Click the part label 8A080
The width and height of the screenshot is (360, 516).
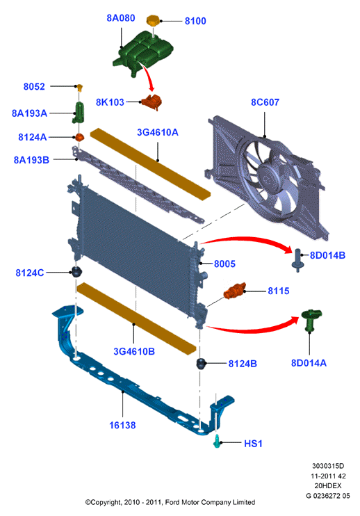(x=121, y=18)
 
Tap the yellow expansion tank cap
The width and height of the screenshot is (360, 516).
(x=152, y=21)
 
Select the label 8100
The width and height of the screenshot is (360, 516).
(x=195, y=21)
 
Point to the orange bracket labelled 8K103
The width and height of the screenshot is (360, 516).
(x=152, y=102)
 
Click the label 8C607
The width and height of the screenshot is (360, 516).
(x=265, y=102)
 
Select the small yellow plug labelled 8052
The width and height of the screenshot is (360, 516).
(x=79, y=88)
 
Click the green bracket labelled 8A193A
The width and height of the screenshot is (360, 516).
(x=79, y=113)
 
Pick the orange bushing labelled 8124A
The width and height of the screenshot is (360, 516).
(x=79, y=137)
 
